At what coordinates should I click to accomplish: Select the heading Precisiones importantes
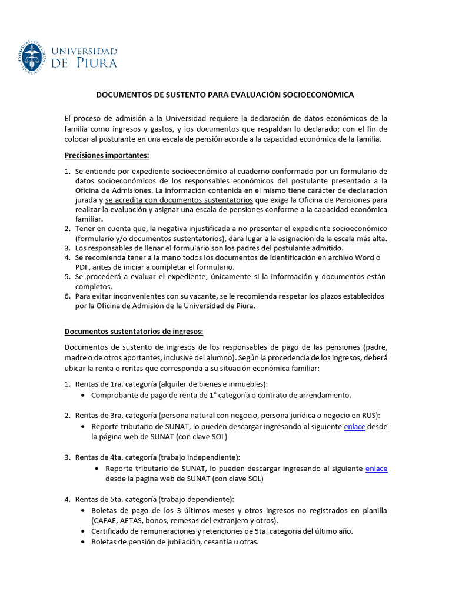[x=107, y=155]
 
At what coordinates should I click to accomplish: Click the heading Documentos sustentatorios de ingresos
[x=134, y=330]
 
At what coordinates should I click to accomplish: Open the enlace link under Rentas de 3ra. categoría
[x=354, y=427]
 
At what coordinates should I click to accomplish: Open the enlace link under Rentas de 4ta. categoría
[x=376, y=469]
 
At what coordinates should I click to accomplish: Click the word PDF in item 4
[x=83, y=267]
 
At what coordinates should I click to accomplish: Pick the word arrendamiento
[x=321, y=395]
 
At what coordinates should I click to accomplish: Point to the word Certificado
[x=112, y=531]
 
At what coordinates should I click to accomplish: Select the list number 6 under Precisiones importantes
[x=68, y=296]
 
